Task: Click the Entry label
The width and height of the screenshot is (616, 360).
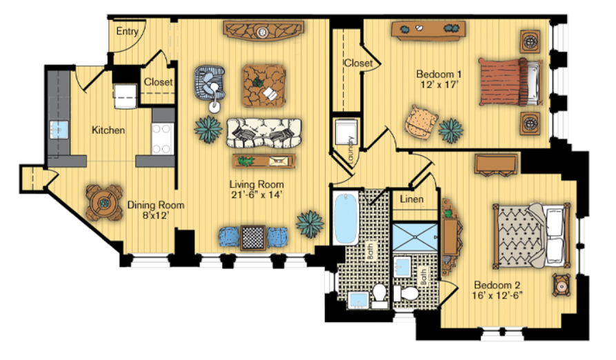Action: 128,32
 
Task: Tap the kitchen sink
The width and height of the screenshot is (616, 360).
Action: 59,130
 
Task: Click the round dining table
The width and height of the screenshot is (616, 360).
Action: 104,203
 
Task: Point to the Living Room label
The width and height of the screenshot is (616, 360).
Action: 257,184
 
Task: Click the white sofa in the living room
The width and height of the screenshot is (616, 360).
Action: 264,132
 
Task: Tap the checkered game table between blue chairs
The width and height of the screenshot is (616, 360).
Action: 252,237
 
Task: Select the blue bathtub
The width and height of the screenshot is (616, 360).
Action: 346,219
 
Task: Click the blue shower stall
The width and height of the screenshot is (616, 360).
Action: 415,237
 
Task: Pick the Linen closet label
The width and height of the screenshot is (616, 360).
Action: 412,199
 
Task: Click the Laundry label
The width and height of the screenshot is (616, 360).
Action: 350,149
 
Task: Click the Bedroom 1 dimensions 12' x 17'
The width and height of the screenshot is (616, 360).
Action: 439,84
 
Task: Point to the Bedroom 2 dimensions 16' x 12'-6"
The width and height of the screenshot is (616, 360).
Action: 497,295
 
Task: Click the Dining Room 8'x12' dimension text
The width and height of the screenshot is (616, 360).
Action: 156,215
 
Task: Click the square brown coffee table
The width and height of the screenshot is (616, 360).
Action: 264,86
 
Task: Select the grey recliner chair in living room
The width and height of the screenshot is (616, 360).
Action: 210,83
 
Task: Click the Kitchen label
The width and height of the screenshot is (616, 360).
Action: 108,130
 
